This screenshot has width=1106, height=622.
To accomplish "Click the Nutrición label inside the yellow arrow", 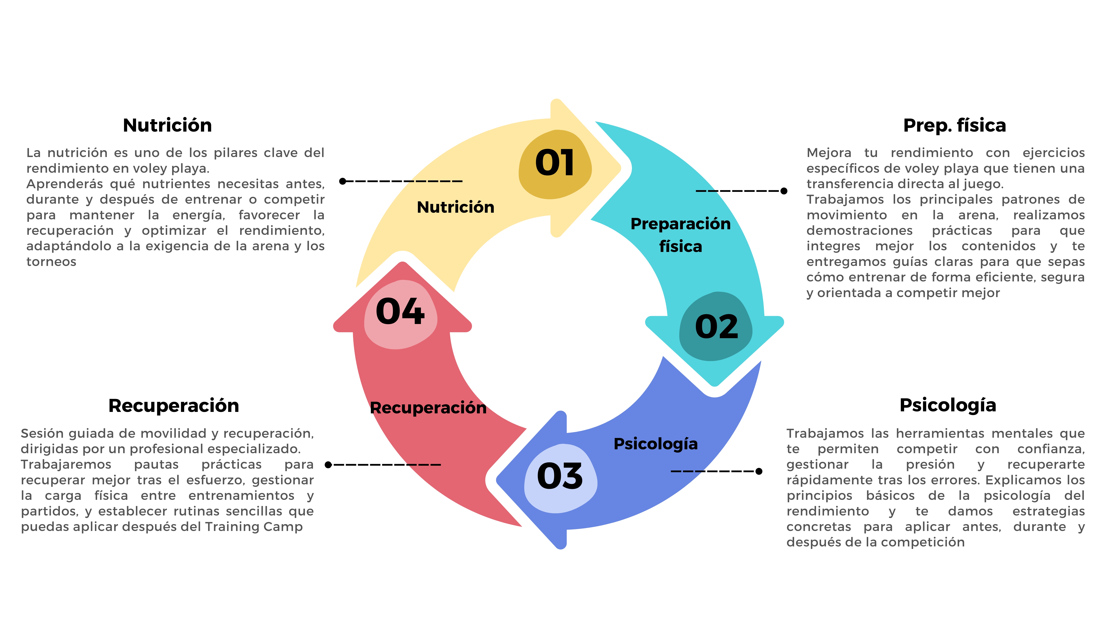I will pos(455,207).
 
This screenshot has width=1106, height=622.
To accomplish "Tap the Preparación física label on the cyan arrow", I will pos(681,235).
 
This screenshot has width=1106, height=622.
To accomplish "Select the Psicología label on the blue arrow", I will pos(656,444).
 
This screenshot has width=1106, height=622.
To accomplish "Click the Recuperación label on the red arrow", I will pos(428,408).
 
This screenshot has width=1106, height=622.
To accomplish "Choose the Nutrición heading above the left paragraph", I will pos(167,125).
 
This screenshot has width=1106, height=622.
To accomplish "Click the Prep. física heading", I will pos(954,125).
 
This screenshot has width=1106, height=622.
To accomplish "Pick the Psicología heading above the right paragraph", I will pos(948,405).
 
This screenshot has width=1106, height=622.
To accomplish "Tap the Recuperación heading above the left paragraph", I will pos(173,406).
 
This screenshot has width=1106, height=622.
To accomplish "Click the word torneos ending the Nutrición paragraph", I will pos(51,262).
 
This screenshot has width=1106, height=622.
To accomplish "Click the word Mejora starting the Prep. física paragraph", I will pos(829,153).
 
